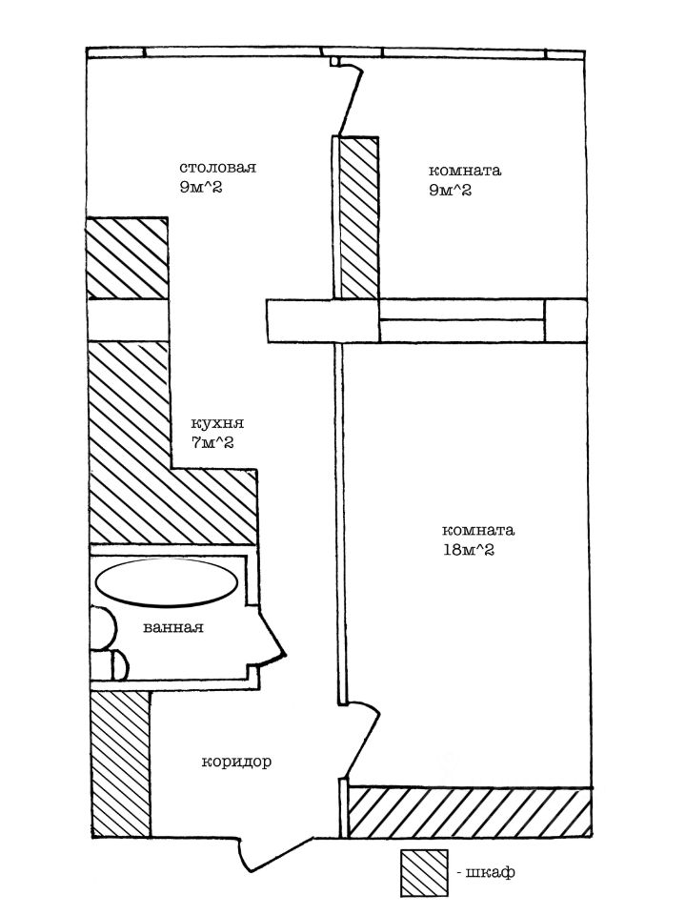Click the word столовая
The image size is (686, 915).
217,168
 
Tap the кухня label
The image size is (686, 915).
217,423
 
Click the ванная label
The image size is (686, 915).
173,628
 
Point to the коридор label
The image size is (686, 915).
236,762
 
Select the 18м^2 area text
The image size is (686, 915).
469,550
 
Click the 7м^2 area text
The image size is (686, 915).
212,442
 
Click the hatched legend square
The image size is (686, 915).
424,873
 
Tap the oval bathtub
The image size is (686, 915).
167,583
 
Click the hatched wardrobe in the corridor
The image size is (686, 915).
121,764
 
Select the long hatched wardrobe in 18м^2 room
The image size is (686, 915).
470,812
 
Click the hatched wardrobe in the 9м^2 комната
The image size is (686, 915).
359,218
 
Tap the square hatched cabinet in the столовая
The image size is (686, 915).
127,258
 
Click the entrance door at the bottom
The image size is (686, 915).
274,853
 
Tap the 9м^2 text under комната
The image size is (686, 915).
450,191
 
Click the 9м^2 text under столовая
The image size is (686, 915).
201,188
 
